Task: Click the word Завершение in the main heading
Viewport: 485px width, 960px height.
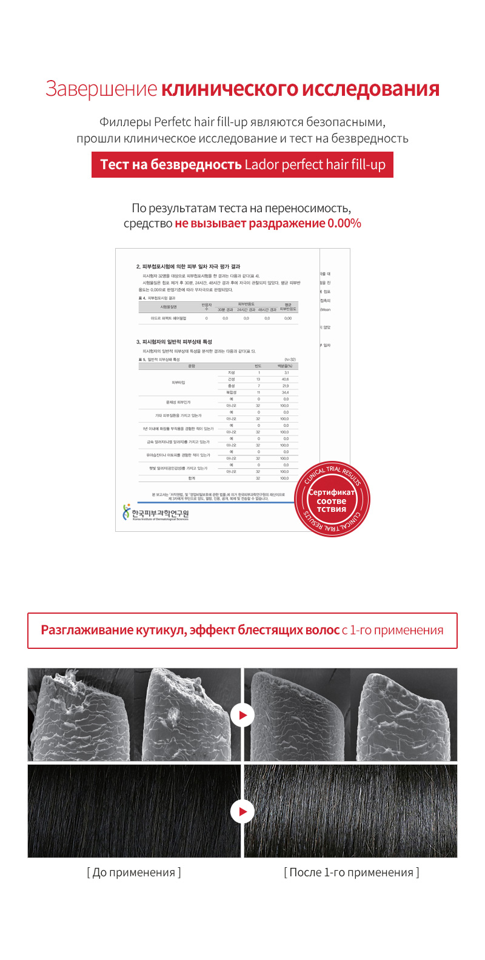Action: (x=101, y=89)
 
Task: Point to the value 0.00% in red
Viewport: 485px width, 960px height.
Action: (x=344, y=223)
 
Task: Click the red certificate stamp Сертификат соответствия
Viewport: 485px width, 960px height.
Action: (x=332, y=501)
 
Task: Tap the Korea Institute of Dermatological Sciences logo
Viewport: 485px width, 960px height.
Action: (x=156, y=514)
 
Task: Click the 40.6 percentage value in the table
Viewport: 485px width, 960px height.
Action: (x=285, y=379)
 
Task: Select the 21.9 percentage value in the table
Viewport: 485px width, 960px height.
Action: (x=285, y=386)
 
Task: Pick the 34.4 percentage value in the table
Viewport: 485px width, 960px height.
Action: (x=285, y=392)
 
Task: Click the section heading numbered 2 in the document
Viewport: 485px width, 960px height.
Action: (x=188, y=266)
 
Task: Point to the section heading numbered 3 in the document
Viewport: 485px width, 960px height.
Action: (x=174, y=341)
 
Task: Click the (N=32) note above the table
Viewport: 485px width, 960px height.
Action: (x=290, y=360)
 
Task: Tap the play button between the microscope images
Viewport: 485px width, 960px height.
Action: (x=242, y=715)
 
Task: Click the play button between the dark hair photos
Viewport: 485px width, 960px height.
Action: (x=242, y=811)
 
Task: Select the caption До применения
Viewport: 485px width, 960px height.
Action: (x=134, y=873)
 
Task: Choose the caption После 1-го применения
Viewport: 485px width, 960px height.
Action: (x=352, y=873)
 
